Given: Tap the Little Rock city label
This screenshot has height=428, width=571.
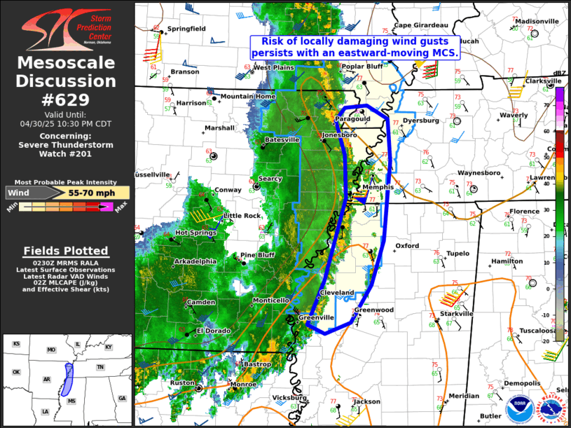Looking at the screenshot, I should pos(242,215).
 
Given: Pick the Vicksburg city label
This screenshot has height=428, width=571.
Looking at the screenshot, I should pos(289,397).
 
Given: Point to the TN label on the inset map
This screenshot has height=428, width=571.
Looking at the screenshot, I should pos(100,367).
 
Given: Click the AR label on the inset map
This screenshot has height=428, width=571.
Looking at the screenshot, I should pos(47,379).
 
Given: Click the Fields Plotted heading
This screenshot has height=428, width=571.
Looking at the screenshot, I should pos(66,251).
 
